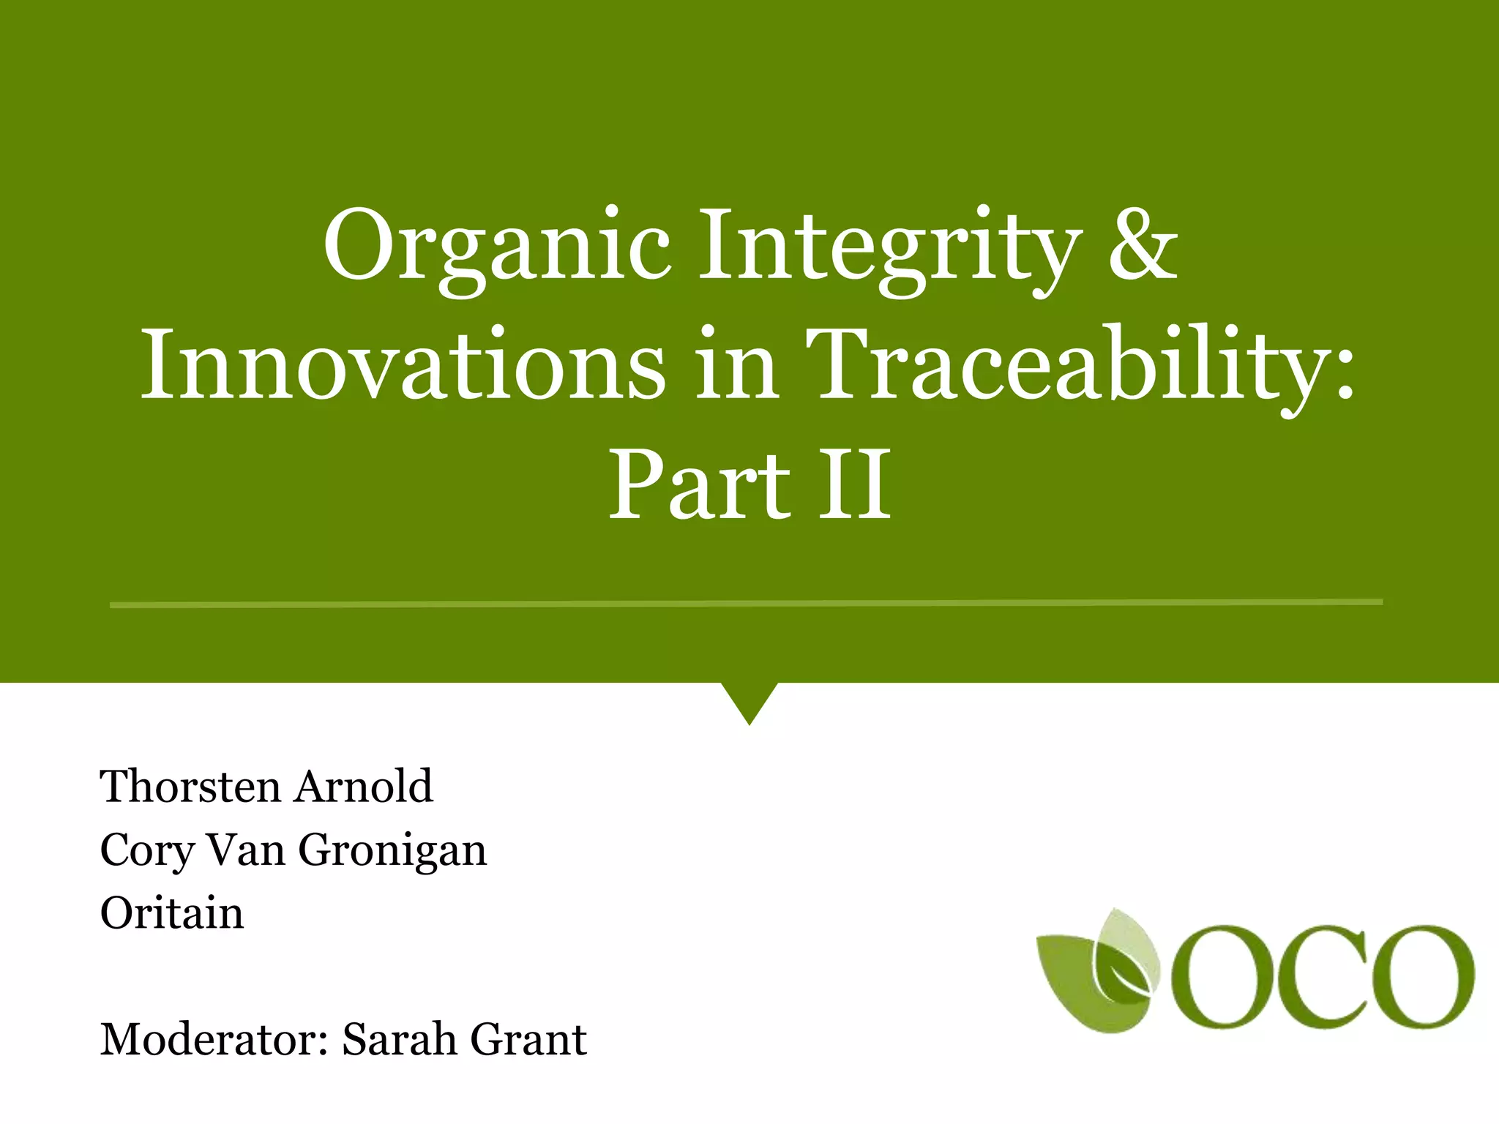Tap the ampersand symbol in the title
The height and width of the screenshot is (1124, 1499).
click(1143, 246)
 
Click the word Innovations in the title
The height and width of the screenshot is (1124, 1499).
click(403, 366)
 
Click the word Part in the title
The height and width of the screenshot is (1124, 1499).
click(700, 486)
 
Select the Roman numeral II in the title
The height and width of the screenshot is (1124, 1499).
click(855, 486)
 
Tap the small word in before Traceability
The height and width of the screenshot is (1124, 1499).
click(736, 366)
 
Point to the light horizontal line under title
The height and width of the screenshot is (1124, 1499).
click(747, 604)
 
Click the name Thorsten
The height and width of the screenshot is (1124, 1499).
click(190, 787)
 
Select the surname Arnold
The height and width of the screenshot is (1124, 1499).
click(364, 787)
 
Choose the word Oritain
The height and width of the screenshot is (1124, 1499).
click(172, 914)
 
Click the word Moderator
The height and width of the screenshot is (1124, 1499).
click(212, 1040)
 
